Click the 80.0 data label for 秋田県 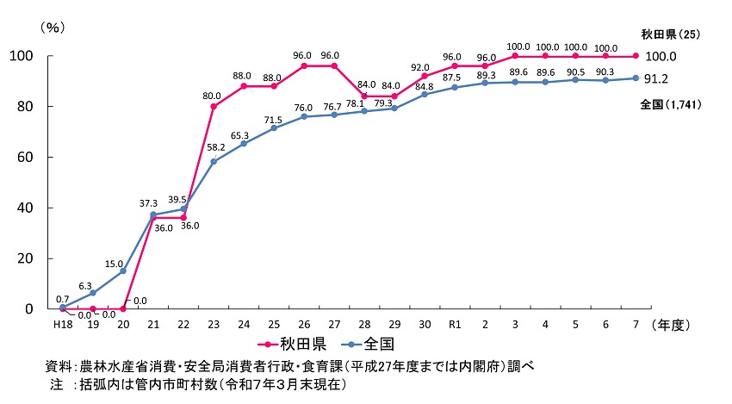coord(212,96)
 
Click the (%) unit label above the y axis coord(53,28)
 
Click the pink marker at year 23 coord(214,107)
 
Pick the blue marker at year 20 coord(123,270)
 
